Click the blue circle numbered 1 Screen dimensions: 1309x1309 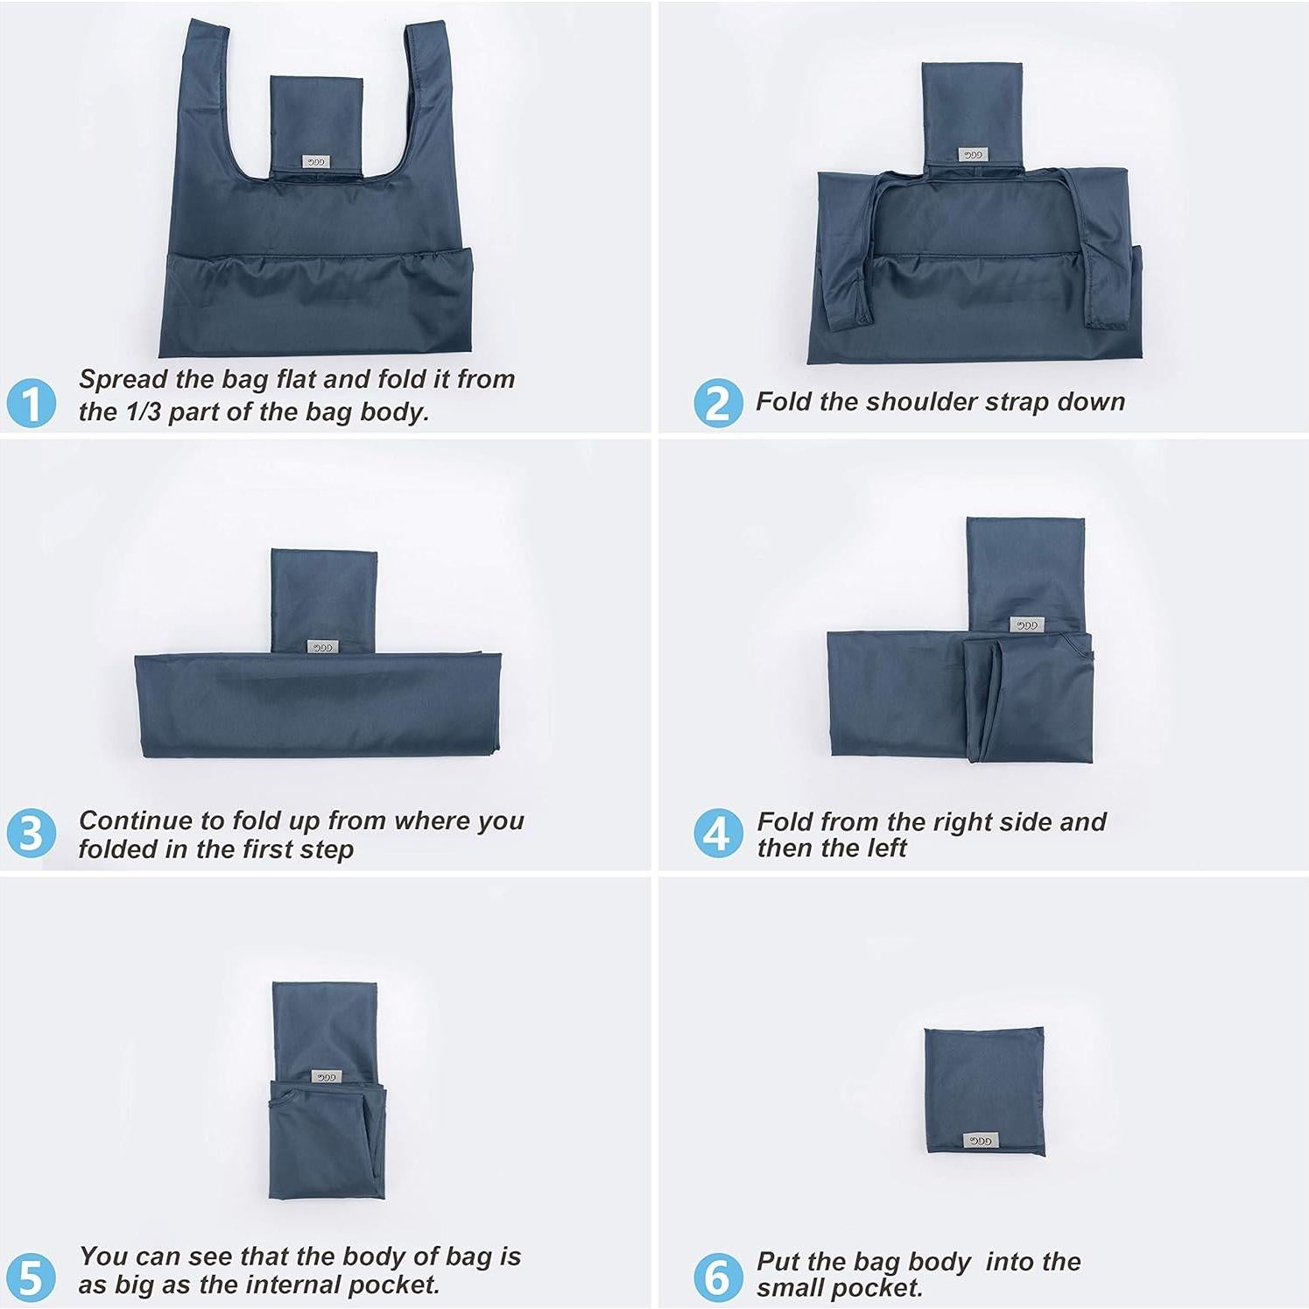(32, 404)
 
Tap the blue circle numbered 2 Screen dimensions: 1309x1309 (718, 404)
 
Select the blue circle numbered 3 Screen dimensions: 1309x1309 (32, 833)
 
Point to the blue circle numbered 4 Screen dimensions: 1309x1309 (718, 833)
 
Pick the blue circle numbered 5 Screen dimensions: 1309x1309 (32, 1277)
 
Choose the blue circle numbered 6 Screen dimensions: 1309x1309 (718, 1277)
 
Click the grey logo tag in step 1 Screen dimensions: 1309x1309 (315, 162)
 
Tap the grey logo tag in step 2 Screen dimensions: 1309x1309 (973, 155)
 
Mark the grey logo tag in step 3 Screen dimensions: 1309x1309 (322, 647)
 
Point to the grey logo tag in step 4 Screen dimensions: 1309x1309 (1026, 625)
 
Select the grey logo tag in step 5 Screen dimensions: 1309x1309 (326, 1077)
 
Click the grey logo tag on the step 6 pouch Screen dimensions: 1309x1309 (980, 1141)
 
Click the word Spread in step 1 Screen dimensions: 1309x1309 (123, 380)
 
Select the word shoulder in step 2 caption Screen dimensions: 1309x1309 (920, 402)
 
